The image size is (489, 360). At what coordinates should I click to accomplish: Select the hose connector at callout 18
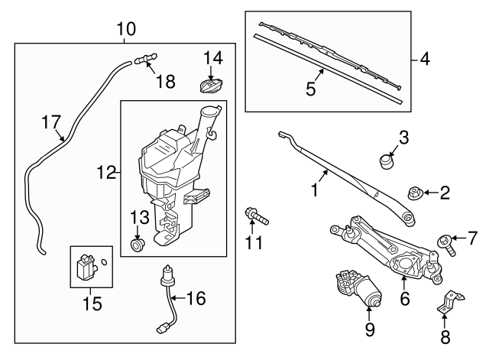[144, 58]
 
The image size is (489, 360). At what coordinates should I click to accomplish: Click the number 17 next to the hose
[50, 122]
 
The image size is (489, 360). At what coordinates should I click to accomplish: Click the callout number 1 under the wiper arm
[313, 189]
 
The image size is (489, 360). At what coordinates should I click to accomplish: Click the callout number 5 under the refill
[310, 89]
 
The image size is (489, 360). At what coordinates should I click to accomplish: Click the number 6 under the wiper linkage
[405, 297]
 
